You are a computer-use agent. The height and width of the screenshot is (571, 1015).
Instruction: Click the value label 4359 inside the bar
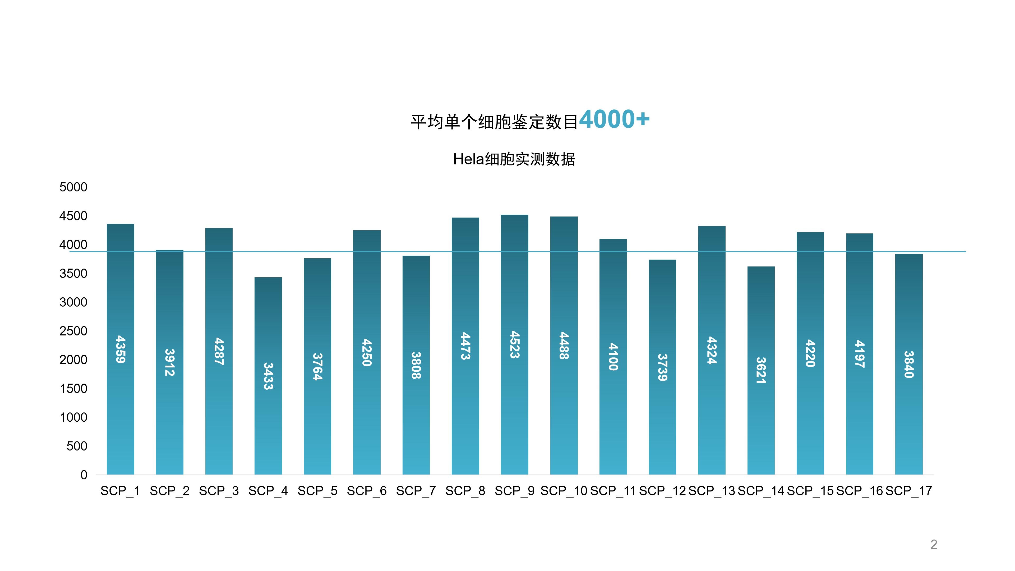(120, 349)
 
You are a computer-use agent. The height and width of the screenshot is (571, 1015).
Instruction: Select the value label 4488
(564, 346)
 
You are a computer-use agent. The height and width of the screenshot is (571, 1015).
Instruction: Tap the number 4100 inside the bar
(613, 357)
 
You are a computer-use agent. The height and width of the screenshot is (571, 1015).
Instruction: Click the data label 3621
(761, 370)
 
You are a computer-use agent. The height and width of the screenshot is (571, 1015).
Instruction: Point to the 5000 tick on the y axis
(73, 187)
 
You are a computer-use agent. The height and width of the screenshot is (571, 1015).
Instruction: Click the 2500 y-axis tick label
(73, 331)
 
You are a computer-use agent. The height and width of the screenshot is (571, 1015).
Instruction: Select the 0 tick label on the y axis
(84, 475)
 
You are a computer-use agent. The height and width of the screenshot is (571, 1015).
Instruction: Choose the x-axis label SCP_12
(662, 491)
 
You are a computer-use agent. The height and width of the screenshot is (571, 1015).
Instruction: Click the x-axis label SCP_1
(120, 491)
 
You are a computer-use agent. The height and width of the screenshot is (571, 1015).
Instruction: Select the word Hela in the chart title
(468, 159)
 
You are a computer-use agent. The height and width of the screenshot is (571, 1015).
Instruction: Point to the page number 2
(933, 544)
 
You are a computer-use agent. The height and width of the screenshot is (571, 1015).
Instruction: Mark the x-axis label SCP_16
(859, 491)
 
